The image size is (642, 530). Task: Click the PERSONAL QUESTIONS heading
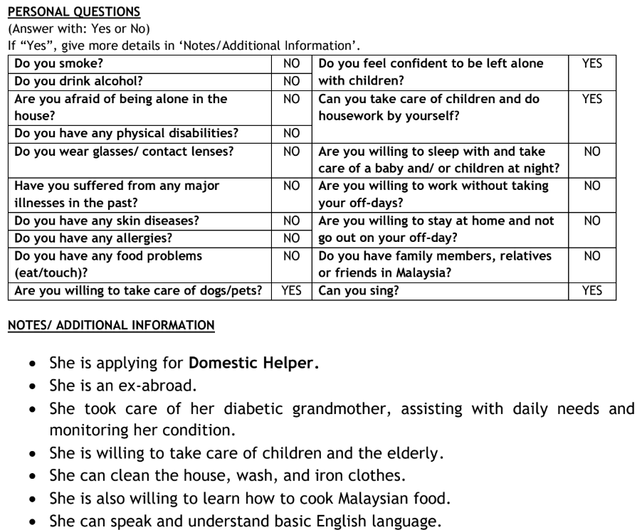coord(73,13)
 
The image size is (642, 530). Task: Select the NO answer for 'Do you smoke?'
coord(292,63)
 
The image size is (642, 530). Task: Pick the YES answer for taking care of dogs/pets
coord(292,290)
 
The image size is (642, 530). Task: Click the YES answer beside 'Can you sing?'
coord(591,290)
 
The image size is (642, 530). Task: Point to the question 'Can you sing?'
coord(358,290)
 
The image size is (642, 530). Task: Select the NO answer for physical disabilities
coord(292,133)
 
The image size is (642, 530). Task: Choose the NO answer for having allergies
coord(292,238)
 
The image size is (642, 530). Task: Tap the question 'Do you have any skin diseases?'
coord(107,221)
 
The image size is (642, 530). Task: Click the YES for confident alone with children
coord(591,63)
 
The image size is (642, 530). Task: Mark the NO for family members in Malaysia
coord(591,255)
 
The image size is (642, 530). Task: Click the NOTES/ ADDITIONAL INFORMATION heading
coord(110,326)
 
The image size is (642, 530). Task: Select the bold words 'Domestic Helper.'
coord(254,363)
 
